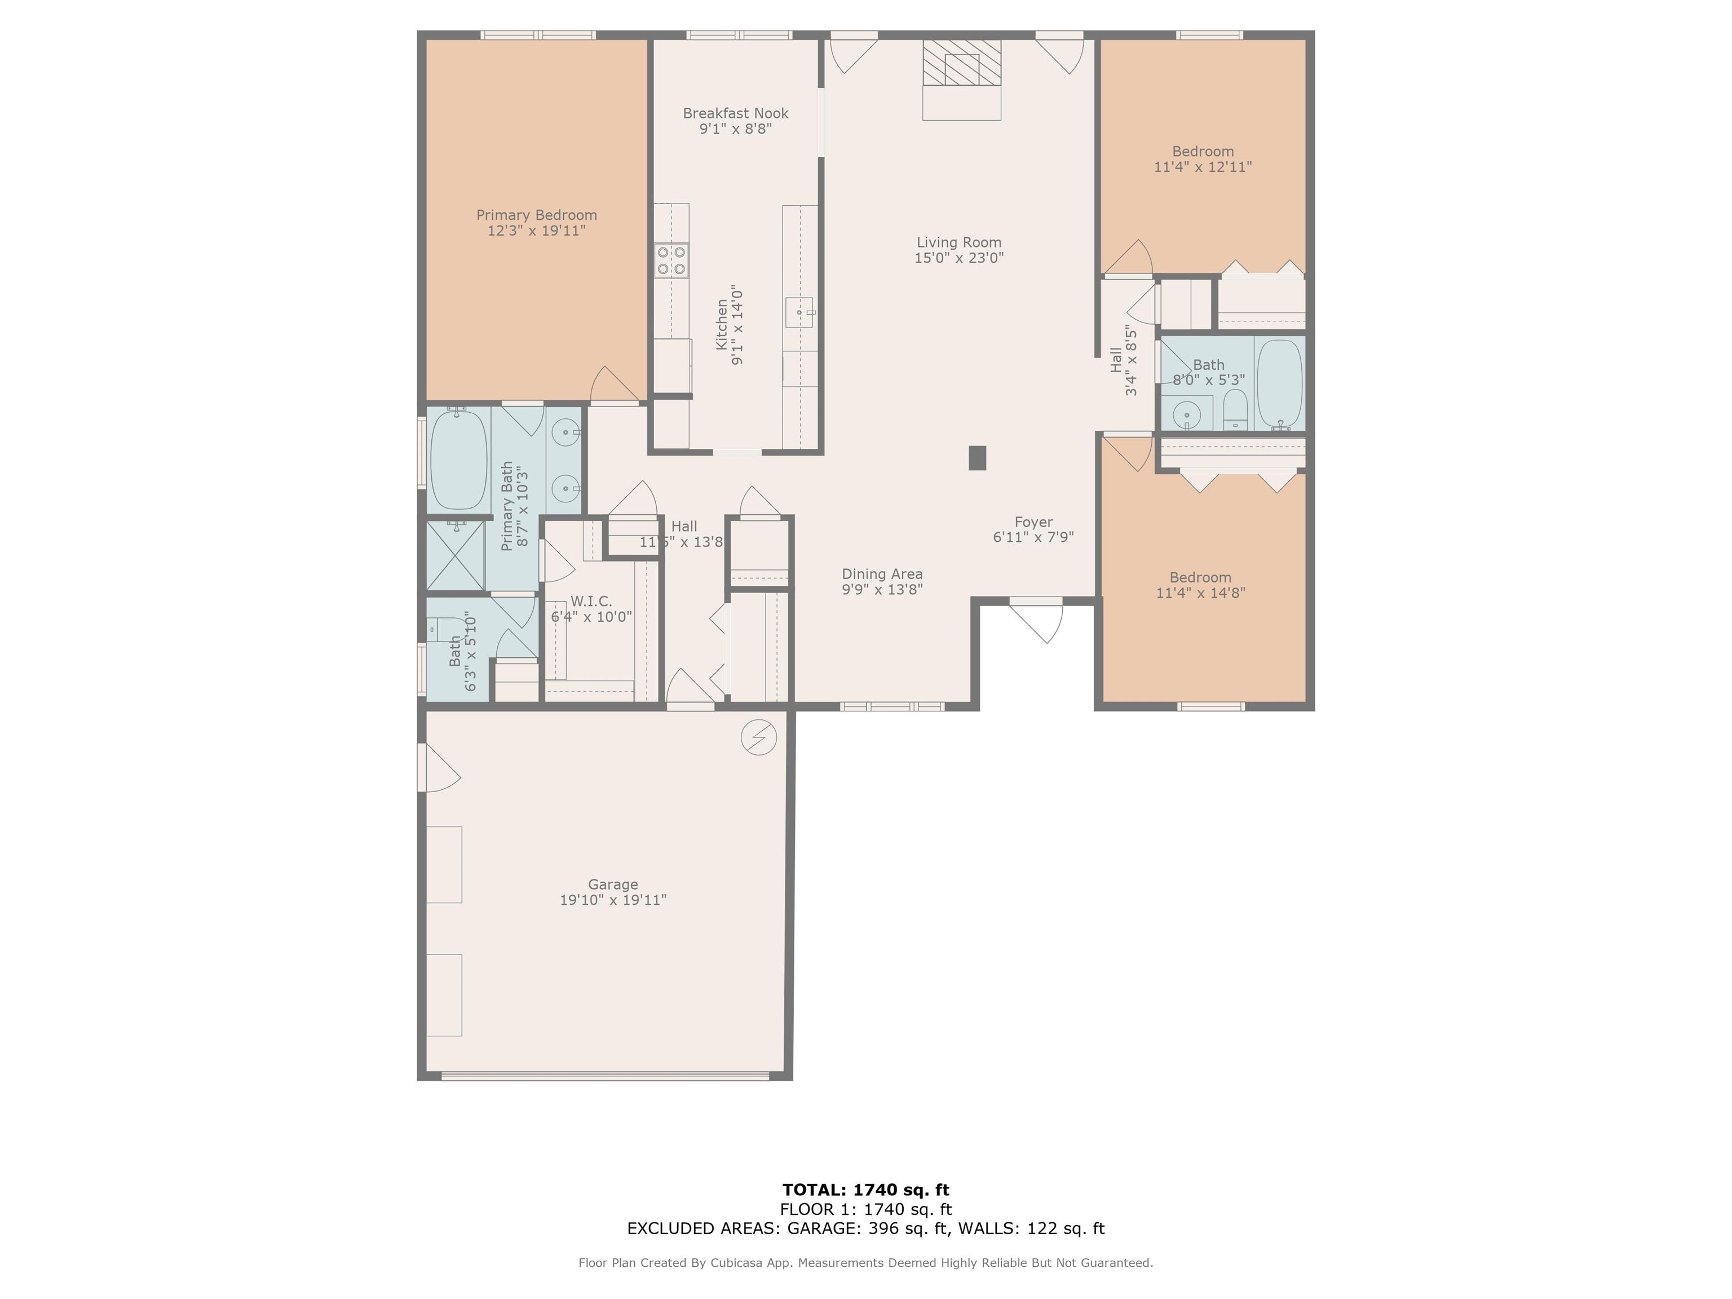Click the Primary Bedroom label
[536, 215]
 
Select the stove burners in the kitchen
[672, 260]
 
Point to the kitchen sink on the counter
[799, 312]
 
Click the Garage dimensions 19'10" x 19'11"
[612, 900]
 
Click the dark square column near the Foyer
[977, 458]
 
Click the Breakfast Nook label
[735, 113]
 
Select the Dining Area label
[882, 574]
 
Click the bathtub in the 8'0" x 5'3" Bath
[1279, 384]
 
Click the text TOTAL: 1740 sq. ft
[865, 1190]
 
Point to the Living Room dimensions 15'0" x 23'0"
[958, 258]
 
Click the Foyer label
[1033, 522]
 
